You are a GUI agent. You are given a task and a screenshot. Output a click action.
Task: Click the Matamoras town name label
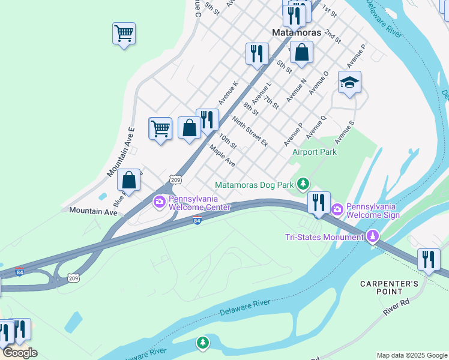296,32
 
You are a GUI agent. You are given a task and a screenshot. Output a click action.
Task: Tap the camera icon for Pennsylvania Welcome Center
159,201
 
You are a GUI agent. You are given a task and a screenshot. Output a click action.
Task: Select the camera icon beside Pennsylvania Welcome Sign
337,208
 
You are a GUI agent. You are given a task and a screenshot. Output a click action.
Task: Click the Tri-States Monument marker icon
373,236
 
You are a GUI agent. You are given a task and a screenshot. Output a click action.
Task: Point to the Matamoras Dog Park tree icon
304,183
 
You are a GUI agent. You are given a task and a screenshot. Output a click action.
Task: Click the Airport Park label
314,152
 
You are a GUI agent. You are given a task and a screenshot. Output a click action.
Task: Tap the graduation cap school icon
349,82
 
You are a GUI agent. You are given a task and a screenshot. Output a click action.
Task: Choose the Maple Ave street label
222,154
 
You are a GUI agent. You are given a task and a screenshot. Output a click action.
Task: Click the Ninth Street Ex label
250,131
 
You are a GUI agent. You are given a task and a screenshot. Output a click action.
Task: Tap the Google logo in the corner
19,353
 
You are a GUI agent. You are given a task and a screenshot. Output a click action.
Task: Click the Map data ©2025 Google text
411,355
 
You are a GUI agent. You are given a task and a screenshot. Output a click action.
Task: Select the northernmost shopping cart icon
124,33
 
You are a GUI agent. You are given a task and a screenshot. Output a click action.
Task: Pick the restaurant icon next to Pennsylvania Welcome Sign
319,202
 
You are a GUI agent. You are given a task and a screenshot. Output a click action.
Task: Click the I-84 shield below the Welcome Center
197,220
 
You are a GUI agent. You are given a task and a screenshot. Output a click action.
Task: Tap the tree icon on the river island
203,343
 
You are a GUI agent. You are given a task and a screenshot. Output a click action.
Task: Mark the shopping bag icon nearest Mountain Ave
128,179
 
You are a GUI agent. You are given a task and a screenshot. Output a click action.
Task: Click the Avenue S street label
345,132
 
